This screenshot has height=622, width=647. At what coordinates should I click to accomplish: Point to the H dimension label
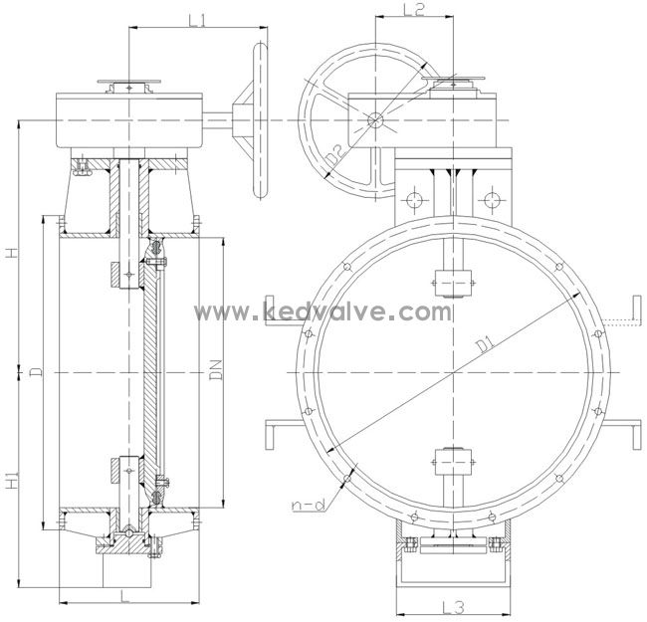point(11,254)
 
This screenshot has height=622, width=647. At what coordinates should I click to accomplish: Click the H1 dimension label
point(11,483)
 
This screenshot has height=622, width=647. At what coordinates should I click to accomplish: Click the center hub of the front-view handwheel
point(374,120)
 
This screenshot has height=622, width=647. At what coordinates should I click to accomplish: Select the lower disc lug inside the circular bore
point(453,463)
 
